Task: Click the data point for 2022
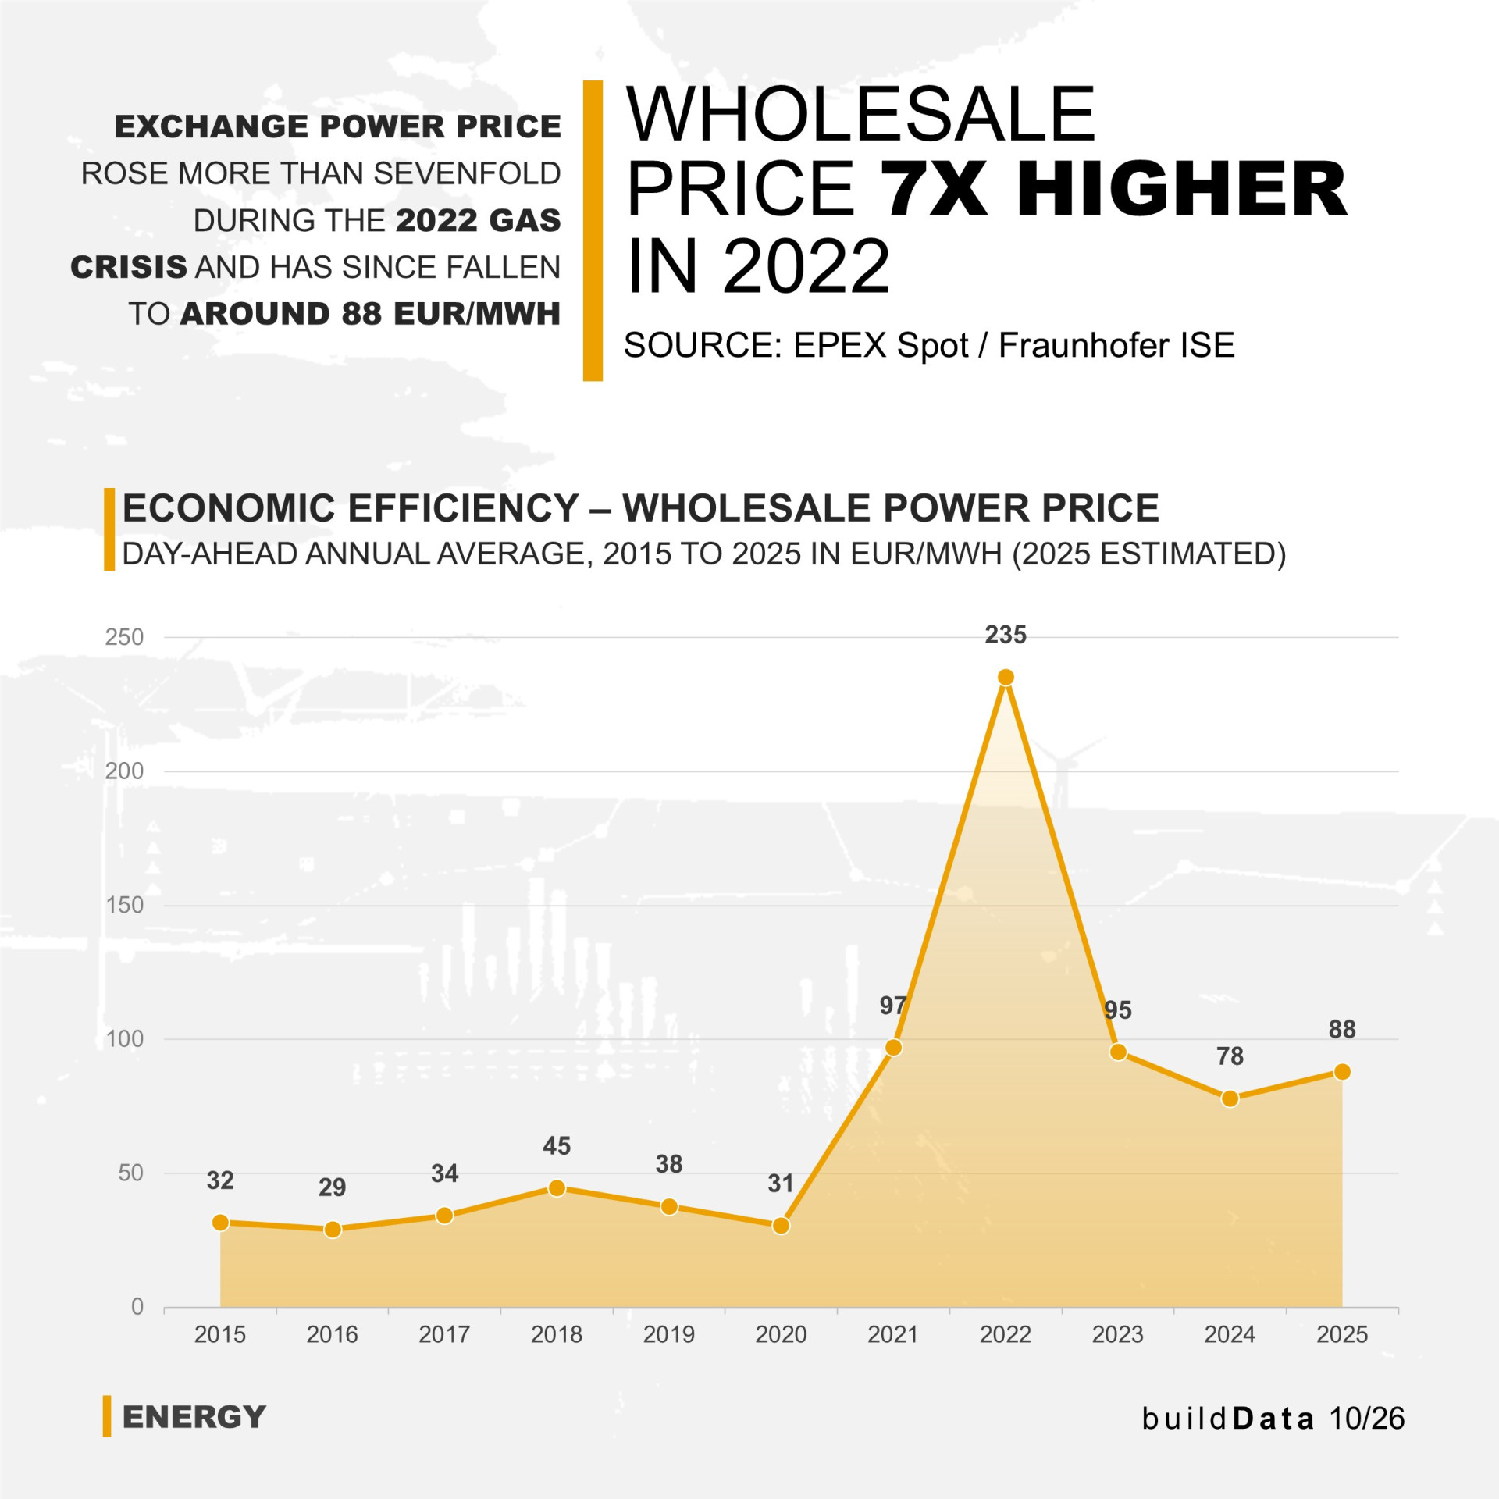(1006, 677)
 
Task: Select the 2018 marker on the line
(557, 1188)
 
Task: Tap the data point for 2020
(781, 1226)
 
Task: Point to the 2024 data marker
(1230, 1099)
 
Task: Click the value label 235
(1006, 635)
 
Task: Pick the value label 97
(893, 1006)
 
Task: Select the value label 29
(332, 1187)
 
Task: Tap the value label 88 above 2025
(1342, 1029)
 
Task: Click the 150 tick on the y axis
(124, 905)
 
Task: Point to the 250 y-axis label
(124, 637)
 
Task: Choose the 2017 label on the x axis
(444, 1334)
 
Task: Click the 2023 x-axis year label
(1117, 1334)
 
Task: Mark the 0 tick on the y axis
(137, 1306)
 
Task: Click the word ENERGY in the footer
(194, 1417)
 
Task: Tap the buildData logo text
(1228, 1419)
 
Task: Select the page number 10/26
(1366, 1419)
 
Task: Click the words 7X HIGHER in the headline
(1113, 189)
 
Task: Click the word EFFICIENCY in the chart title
(464, 508)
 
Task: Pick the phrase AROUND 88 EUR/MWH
(370, 314)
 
